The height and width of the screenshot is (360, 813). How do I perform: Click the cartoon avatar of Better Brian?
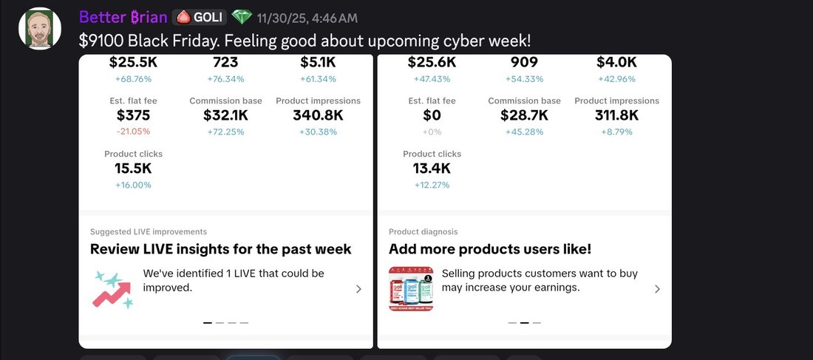point(40,29)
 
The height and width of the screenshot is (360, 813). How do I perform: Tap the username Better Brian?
point(123,17)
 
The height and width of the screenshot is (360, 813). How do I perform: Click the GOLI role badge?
point(200,17)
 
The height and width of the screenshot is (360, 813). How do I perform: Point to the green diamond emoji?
point(242,17)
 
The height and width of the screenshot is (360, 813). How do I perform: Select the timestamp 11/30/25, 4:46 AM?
point(307,18)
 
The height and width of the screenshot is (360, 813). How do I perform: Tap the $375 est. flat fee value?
point(133,115)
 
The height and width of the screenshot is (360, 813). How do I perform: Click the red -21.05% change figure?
point(133,132)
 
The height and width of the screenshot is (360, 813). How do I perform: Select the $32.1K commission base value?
point(225,115)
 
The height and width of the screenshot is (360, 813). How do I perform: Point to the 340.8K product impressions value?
point(318,115)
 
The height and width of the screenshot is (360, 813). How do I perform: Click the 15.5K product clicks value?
point(133,168)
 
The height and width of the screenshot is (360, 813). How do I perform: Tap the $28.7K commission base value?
point(524,115)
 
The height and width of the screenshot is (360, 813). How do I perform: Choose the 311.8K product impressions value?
point(616,115)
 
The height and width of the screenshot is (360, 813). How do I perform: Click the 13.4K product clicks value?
point(432,168)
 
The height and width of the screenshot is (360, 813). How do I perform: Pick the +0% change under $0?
point(432,132)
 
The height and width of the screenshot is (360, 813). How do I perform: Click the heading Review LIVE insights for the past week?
point(221,249)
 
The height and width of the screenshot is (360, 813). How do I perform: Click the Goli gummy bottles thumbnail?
point(411,289)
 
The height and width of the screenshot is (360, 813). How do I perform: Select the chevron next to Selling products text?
point(657,289)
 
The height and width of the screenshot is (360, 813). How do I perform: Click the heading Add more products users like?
point(490,249)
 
